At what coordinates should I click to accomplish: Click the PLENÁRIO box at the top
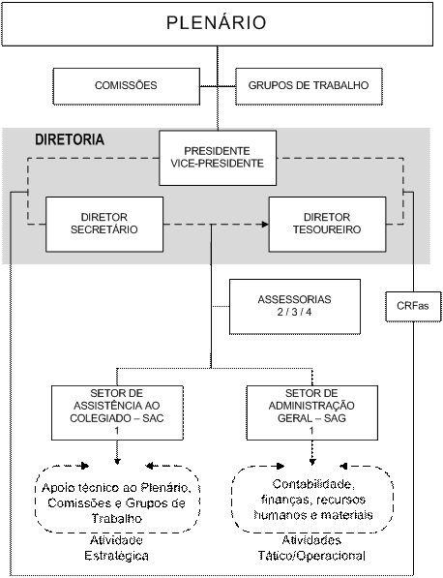point(218,23)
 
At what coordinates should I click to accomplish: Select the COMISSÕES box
point(127,86)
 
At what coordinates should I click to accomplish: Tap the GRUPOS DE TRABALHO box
point(309,86)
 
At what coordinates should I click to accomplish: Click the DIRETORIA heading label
point(70,139)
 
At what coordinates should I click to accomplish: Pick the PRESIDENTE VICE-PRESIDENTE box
point(218,158)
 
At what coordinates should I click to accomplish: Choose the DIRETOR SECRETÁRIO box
point(104,224)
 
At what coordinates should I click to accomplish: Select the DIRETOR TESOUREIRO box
point(327,224)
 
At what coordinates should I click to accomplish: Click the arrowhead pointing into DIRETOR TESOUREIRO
point(265,224)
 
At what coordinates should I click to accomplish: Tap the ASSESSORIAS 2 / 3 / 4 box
point(295,307)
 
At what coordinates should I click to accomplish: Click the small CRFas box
point(413,306)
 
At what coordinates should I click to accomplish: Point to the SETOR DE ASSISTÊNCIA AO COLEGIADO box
point(117,412)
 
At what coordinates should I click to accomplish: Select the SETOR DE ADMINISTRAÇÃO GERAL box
point(311,412)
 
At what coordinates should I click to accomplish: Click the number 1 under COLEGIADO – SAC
point(117,431)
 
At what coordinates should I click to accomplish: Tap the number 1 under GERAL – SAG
point(311,431)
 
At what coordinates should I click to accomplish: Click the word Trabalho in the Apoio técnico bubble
point(117,518)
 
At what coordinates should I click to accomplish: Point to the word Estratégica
point(116,556)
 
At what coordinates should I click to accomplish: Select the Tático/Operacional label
point(311,556)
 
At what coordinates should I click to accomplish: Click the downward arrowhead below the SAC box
point(117,461)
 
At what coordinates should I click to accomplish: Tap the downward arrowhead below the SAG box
point(312,461)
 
